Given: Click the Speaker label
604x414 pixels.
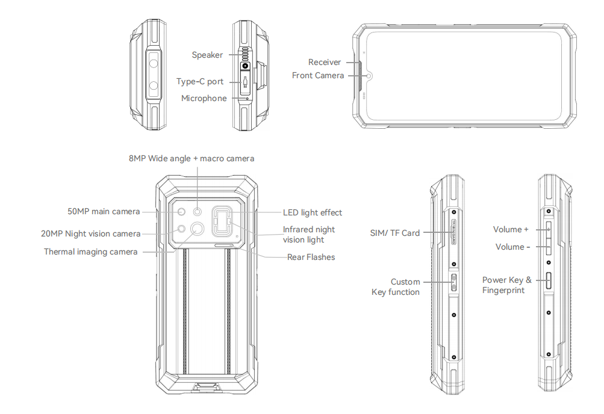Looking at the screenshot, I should point(207,55).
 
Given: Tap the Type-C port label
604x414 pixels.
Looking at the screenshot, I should point(200,82).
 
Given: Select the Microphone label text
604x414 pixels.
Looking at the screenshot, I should point(204,99).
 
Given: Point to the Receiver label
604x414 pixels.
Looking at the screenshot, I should point(325,63).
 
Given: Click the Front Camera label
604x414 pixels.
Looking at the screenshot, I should point(318,76).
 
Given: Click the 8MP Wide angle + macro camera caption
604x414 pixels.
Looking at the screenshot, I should point(191,159).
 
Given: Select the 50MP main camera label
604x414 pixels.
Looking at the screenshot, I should point(104,212).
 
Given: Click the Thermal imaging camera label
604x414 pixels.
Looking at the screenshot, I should point(91,252).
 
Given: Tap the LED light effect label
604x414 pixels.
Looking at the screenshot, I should point(313,213).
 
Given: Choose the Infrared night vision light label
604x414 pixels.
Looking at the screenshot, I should point(308,235).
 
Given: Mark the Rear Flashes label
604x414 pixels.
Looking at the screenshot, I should point(311,258).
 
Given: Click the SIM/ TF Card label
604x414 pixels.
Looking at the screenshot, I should point(395,233).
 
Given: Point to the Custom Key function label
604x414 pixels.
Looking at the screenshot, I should point(397,287).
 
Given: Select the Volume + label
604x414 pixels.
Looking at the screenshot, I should point(511,230).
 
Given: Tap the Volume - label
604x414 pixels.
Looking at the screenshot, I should point(513,247).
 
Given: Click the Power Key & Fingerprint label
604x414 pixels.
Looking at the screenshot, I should point(506,285).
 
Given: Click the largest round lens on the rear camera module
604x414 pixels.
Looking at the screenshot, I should point(197,228).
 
